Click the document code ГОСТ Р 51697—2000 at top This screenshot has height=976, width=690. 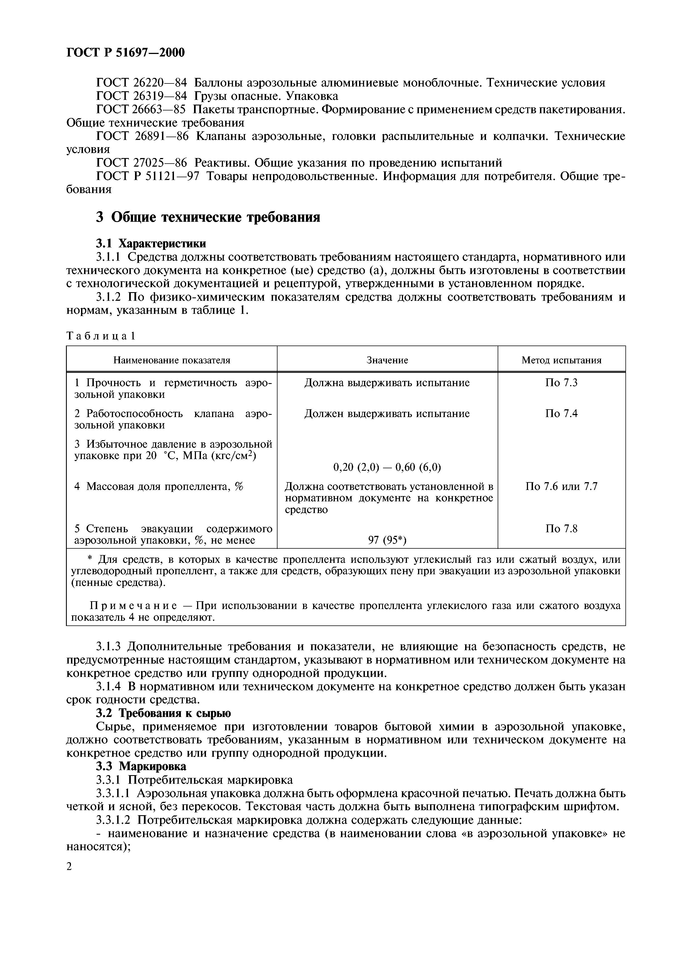coord(126,53)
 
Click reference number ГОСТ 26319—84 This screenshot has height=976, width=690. coord(142,96)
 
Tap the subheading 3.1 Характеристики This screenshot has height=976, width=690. coord(151,243)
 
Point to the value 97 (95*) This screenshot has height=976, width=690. coord(387,541)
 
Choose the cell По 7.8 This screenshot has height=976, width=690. coord(561,529)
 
